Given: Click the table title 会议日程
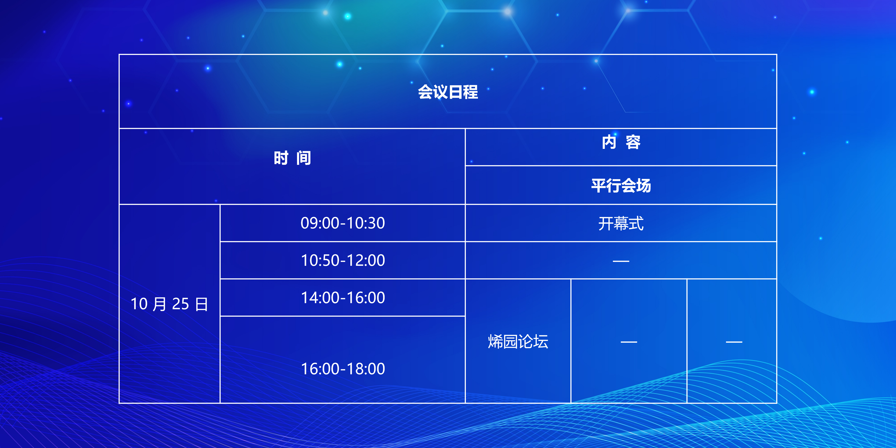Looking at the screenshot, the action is coord(448,92).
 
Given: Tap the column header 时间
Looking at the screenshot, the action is coord(292,158).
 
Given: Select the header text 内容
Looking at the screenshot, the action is coord(621,142).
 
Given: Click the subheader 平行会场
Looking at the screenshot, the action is coord(621,185).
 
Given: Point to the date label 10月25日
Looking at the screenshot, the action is coord(169,304).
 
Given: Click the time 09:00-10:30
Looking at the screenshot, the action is coord(343,223).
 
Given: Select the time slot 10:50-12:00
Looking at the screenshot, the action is coord(343,260).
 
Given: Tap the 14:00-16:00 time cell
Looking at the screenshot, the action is coord(343,298).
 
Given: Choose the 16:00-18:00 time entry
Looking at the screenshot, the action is coord(343,369).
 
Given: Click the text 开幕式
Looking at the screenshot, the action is coord(621,223).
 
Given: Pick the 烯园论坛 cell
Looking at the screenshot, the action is coord(518,342).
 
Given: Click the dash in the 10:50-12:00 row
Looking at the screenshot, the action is coord(621,261).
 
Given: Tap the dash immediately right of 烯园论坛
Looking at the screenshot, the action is coord(629,342).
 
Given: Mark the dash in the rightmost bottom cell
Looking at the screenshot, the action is coord(734,342).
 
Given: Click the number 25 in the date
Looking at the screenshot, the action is coord(181,304).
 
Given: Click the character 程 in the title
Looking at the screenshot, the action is coord(471,92).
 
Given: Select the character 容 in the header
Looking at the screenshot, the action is coord(633,142).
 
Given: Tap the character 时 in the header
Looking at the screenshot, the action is coord(281,158).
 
